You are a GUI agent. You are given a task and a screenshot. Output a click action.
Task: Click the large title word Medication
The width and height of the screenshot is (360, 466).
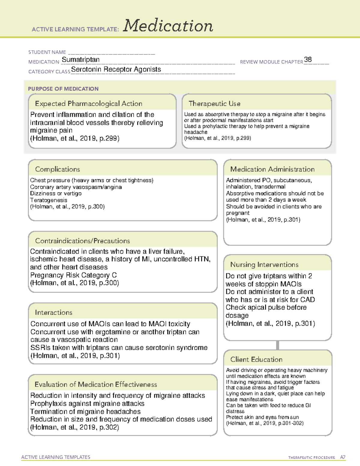click(168, 26)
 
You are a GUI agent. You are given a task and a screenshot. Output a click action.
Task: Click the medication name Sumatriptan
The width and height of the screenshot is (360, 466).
click(81, 59)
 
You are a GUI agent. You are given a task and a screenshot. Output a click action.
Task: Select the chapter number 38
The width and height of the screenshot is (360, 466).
click(308, 59)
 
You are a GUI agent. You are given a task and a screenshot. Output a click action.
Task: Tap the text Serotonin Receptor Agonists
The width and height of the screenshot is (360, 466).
click(116, 69)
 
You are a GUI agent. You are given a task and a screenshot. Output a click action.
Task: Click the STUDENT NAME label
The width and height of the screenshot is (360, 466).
click(47, 52)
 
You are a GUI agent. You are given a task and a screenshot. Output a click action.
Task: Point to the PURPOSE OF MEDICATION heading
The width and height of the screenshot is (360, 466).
click(63, 89)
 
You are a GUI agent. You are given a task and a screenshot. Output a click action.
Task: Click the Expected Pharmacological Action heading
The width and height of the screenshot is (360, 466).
click(88, 104)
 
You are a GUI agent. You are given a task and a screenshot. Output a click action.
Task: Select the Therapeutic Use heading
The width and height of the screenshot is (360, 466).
click(214, 104)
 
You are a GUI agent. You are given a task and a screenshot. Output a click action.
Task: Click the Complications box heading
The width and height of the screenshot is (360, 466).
click(58, 169)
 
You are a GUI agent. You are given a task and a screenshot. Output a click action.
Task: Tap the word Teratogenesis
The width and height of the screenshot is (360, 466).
click(49, 200)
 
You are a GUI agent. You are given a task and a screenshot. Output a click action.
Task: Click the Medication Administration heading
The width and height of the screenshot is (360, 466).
click(272, 169)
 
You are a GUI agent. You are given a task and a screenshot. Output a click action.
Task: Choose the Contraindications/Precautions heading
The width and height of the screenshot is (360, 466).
click(82, 241)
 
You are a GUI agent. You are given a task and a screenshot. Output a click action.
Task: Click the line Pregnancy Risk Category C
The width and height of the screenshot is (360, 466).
click(73, 275)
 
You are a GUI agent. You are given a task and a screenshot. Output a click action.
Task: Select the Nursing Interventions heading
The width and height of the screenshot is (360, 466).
click(264, 265)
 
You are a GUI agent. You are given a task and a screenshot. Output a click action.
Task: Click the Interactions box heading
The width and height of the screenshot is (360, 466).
click(54, 312)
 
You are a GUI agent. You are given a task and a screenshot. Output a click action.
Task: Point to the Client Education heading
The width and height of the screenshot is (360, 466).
click(256, 359)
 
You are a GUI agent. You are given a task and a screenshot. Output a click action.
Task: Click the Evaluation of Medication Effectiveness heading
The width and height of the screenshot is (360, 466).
click(96, 384)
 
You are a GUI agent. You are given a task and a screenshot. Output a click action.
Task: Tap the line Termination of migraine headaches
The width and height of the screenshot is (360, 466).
click(85, 411)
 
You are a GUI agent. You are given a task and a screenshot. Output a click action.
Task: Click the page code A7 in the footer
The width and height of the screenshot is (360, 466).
click(343, 457)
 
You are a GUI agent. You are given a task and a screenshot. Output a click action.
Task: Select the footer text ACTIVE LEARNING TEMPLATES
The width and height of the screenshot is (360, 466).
click(56, 457)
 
